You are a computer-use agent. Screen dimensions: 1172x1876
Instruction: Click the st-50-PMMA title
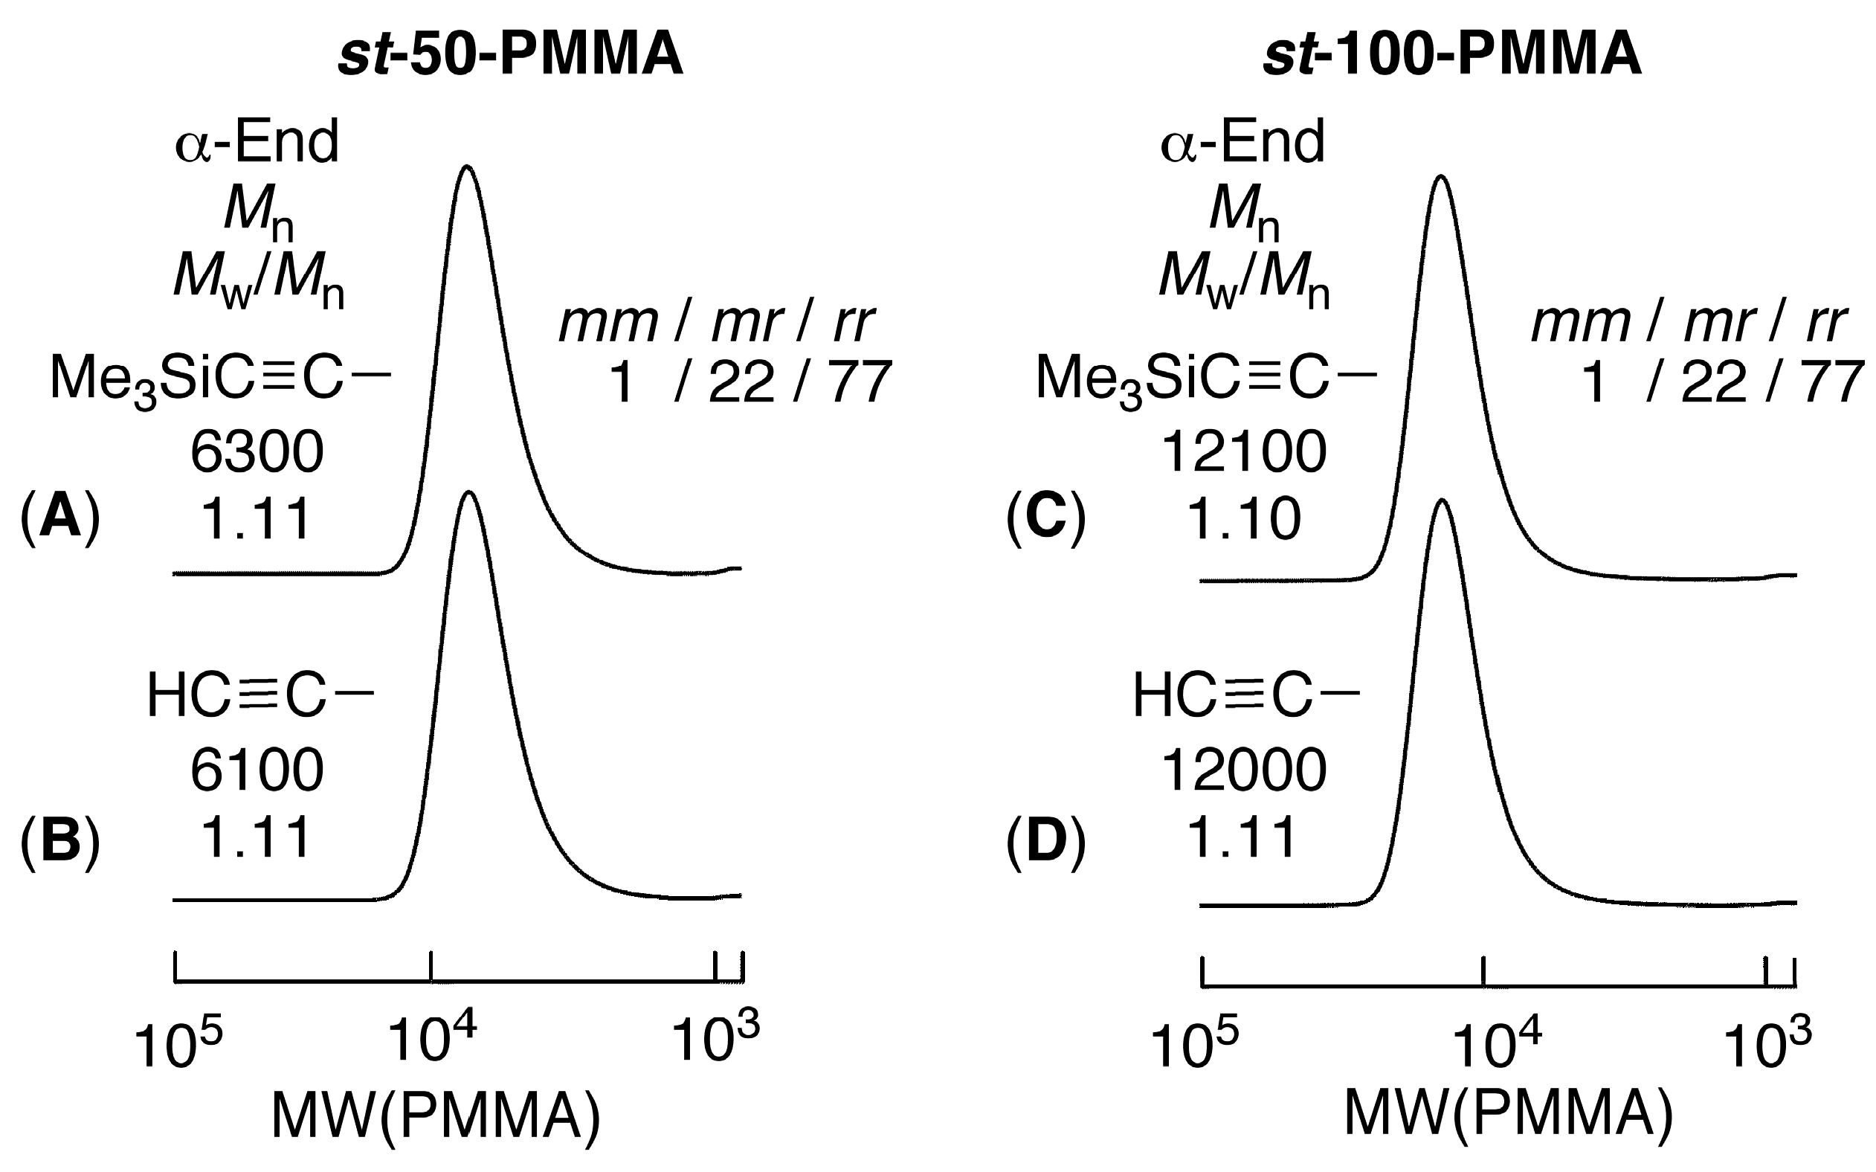(512, 56)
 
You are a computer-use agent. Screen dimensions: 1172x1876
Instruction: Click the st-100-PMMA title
(1452, 56)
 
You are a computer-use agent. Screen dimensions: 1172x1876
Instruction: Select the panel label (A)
(60, 518)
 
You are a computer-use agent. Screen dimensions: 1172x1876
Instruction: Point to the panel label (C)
(1045, 518)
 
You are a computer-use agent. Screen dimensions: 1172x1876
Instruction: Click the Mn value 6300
(257, 453)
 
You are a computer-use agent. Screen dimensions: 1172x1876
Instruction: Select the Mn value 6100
(257, 770)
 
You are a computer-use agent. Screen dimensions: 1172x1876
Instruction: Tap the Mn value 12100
(1244, 453)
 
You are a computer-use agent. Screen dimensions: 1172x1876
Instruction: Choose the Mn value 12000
(1244, 770)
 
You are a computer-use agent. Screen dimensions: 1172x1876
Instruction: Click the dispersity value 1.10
(1244, 518)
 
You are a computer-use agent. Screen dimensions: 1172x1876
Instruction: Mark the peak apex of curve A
(465, 167)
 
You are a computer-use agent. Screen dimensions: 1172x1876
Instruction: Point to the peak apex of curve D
(1441, 501)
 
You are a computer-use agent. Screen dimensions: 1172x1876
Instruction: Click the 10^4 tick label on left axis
(431, 1041)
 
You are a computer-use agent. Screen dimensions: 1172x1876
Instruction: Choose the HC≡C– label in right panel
(1245, 695)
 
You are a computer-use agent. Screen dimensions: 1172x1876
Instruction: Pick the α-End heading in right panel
(1242, 144)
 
